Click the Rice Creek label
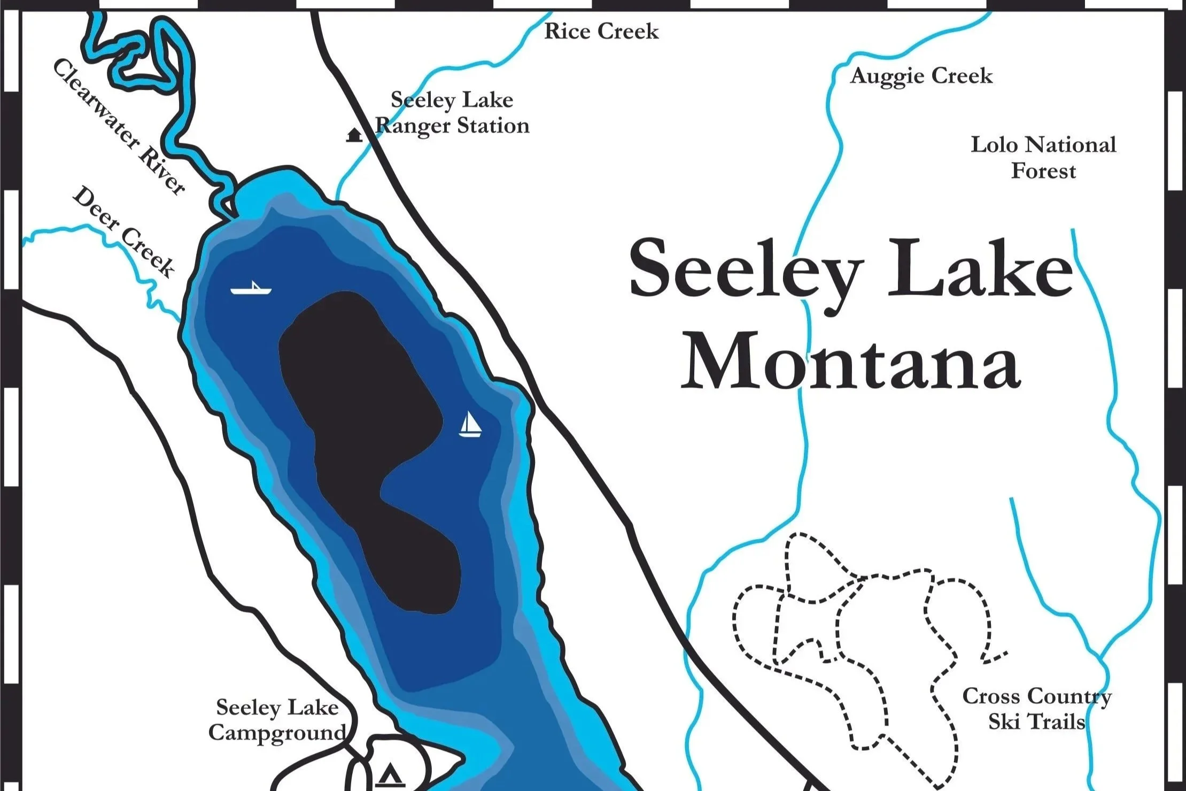tap(601, 32)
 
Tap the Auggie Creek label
tap(921, 76)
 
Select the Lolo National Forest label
tap(1043, 158)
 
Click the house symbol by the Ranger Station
tap(353, 135)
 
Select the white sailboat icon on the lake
tap(470, 425)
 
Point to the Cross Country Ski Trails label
tap(1036, 709)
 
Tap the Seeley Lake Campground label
tap(277, 720)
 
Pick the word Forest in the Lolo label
tap(1043, 171)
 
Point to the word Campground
tap(277, 733)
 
